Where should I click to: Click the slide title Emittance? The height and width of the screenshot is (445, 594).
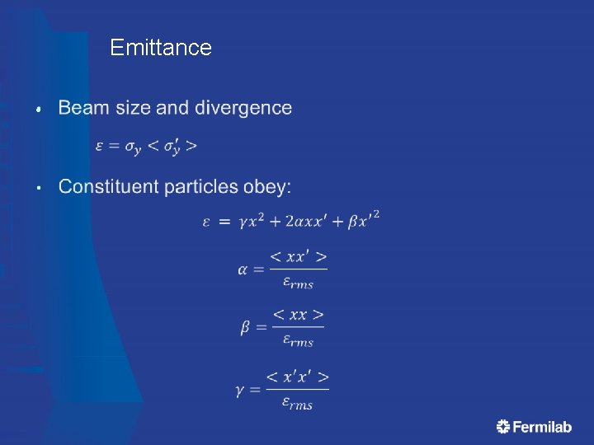point(160,48)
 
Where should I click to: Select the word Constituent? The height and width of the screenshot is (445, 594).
point(109,187)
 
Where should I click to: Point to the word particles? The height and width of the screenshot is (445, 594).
point(201,187)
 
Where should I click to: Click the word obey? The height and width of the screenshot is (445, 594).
point(266,188)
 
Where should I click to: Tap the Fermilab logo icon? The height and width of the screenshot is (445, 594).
point(503,426)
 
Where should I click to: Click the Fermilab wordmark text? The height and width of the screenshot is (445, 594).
point(542,426)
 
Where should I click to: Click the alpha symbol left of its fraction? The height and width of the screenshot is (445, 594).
point(244,269)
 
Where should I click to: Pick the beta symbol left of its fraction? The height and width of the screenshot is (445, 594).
point(246,327)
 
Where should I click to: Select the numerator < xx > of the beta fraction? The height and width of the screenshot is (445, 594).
point(298,315)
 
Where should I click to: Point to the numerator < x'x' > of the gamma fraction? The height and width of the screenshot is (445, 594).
point(298,377)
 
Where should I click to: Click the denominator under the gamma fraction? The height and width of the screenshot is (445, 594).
point(298,403)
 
